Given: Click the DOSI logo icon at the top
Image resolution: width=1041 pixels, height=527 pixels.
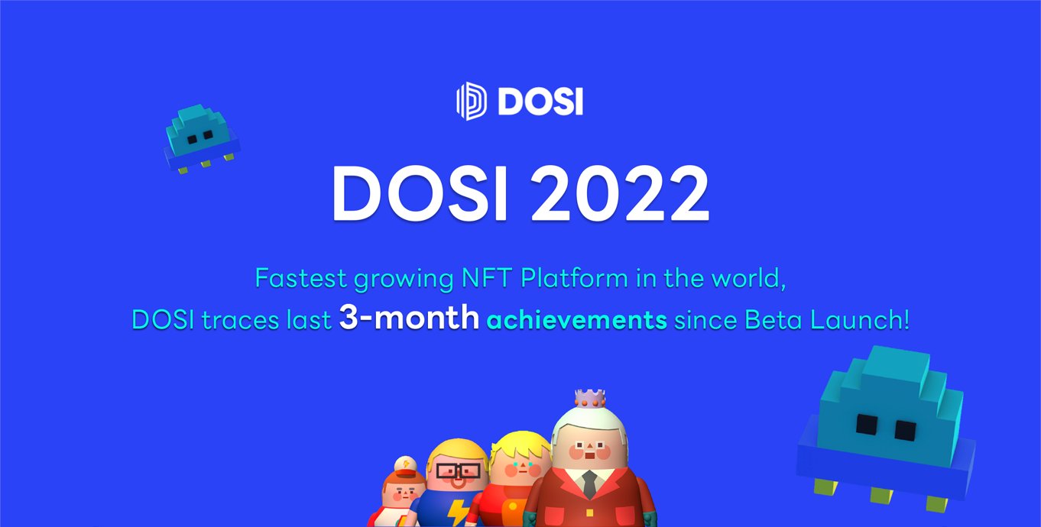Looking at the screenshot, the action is [x=472, y=102].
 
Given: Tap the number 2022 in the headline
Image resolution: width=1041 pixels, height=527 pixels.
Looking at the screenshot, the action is [x=621, y=193].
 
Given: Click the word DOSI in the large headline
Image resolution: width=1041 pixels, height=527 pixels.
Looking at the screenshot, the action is [x=420, y=193].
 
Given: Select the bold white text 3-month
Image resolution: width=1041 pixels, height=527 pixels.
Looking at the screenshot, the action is [x=409, y=318].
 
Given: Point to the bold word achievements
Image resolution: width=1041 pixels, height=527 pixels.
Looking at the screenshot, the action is [x=577, y=320].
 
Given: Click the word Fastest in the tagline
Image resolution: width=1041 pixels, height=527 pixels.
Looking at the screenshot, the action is [x=301, y=278].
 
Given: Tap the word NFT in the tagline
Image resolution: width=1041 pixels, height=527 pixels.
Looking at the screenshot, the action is [x=487, y=278].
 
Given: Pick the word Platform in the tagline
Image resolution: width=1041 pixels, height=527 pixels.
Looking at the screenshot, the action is [x=575, y=278].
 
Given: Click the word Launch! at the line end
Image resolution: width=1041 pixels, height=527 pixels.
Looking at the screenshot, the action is [x=860, y=320].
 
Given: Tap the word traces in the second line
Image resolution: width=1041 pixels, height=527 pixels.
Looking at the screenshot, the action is [x=240, y=320].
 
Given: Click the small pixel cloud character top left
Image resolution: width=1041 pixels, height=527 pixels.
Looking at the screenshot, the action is [x=202, y=139].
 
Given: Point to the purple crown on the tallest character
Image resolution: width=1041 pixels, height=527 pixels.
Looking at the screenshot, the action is [x=590, y=399].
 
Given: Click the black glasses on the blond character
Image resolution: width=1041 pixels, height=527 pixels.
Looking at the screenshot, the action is [x=458, y=471].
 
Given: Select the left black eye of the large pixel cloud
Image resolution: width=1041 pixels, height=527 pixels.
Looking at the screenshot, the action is [x=867, y=425].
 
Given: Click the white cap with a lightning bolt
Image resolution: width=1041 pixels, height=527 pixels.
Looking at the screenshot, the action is [x=406, y=465].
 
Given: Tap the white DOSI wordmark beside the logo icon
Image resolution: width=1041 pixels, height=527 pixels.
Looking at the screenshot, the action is [x=540, y=102].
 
